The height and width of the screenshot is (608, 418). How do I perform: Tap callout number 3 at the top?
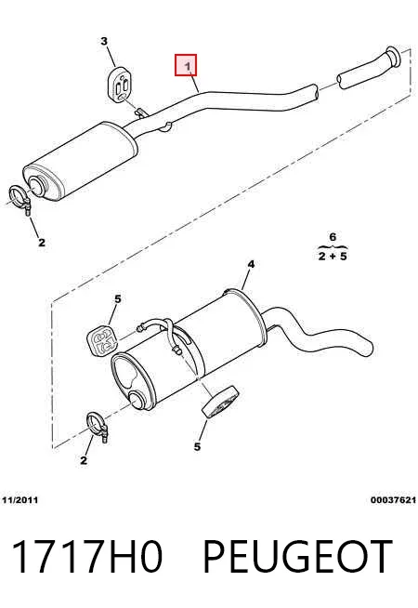point(104,41)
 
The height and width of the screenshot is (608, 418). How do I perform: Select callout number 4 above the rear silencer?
point(251,264)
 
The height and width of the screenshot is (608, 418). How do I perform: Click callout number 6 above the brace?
point(333,237)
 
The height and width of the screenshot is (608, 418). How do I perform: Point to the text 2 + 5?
point(333,257)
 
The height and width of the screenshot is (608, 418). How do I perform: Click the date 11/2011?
point(20,500)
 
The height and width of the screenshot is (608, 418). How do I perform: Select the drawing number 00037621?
point(393,500)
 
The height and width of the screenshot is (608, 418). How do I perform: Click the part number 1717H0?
point(86,557)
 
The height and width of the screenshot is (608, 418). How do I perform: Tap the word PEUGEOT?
point(297,557)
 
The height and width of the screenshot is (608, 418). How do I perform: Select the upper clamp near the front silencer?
point(20,199)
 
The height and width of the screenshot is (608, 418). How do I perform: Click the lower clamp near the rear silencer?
point(97,427)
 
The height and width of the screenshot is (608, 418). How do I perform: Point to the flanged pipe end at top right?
point(393,59)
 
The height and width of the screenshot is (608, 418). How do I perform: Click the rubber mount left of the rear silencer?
point(102,341)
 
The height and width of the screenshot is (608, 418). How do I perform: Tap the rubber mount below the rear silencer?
point(219,403)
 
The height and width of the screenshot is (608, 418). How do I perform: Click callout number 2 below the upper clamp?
point(42,243)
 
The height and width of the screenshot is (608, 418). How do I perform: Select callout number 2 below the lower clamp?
point(84,460)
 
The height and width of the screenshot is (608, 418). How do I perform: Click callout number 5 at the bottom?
point(197,446)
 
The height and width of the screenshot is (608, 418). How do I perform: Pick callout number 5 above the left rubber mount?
point(118,299)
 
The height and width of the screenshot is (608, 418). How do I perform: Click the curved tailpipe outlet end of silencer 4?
point(366,346)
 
